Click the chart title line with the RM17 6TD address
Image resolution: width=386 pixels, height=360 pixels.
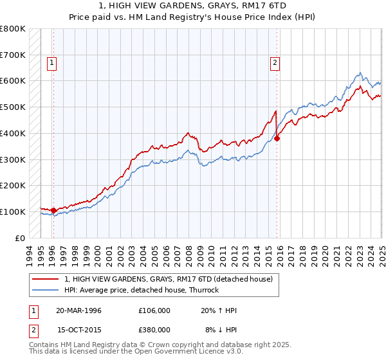pos(193,7)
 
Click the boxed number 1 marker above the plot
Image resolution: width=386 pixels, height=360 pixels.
pos(51,63)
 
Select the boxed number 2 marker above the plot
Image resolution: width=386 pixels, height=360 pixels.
pos(275,63)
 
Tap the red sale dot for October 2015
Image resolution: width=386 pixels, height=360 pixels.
pos(277,138)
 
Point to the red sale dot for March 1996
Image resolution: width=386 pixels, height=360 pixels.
pos(53,210)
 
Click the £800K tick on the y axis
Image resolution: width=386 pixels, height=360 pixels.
pos(13,29)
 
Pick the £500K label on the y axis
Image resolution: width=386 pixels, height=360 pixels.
pos(13,107)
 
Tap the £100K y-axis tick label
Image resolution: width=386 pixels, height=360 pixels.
pos(13,212)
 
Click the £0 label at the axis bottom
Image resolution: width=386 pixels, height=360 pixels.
pos(21,238)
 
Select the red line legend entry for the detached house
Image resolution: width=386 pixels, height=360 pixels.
pos(169,279)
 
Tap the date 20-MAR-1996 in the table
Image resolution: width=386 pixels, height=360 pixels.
pos(78,310)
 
